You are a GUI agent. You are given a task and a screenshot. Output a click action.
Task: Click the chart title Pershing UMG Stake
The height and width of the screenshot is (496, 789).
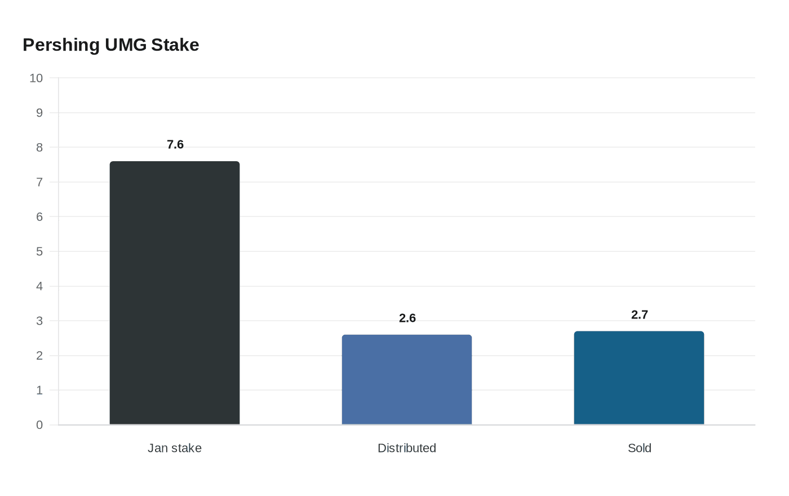coord(111,45)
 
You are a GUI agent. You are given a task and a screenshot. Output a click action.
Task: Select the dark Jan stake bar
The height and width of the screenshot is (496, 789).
coord(175,293)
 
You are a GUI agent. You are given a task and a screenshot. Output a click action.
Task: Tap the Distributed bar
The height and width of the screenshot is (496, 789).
coord(407,379)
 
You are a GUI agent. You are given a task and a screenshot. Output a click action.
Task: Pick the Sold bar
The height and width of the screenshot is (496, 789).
coord(639,378)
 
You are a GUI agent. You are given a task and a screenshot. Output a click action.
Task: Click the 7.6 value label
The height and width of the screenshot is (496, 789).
coord(175,144)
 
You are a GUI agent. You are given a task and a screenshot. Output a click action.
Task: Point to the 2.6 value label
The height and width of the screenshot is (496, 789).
coord(407,318)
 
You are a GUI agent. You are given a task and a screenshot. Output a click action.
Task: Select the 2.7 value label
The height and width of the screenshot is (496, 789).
coord(639,315)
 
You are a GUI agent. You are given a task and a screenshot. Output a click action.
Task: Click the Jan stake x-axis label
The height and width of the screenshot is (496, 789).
coord(175,448)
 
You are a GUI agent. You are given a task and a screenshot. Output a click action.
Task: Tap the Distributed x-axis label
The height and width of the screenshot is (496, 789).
coord(407,448)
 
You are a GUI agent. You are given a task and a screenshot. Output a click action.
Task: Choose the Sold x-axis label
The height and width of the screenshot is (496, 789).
coord(639,448)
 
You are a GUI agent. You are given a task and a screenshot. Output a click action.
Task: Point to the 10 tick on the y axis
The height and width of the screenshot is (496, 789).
coord(36,78)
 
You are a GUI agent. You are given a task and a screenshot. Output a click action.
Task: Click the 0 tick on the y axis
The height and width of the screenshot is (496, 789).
coord(39,425)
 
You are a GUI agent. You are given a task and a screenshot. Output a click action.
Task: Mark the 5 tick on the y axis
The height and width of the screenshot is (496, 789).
coord(39,251)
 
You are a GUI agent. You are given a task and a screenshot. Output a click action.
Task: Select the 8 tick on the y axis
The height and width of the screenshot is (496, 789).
coord(39,148)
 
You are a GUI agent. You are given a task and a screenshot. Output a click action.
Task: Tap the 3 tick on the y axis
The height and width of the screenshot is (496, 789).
coord(39,321)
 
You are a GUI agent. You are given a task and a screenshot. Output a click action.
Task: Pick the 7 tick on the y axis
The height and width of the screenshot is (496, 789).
coord(39,182)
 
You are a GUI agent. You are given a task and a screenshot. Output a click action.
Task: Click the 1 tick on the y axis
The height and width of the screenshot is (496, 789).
coord(39,390)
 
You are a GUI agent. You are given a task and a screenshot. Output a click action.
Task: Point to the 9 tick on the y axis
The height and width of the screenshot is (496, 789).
coord(39,113)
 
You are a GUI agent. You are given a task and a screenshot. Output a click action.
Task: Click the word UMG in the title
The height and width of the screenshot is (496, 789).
coord(126,45)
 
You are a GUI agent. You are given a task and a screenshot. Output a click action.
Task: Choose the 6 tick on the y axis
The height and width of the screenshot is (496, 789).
coord(39,216)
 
